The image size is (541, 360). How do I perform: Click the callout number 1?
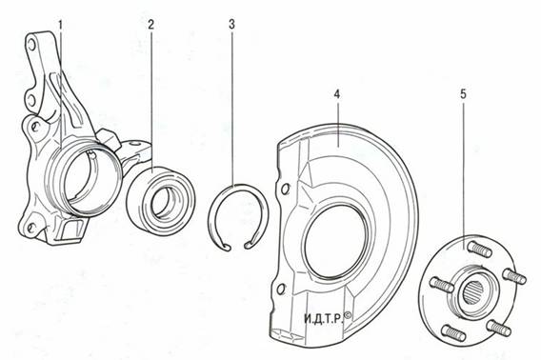pos(61,25)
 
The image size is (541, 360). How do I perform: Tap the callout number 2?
pos(150,25)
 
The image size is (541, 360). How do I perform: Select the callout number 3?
pos(231,25)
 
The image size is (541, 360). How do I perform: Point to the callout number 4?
pos(337,94)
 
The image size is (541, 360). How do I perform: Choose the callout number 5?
pos(463,94)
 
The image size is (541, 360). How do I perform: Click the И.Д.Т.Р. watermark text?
pos(324,318)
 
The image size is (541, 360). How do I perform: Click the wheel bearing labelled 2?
pos(162,201)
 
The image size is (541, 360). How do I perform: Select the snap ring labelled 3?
pos(238,186)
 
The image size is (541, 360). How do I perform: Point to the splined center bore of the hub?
pos(476,289)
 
